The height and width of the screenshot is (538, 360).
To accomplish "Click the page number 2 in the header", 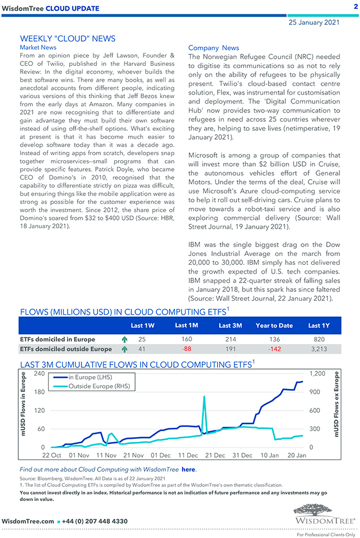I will (354, 6).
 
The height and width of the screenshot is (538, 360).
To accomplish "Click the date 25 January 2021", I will (315, 23).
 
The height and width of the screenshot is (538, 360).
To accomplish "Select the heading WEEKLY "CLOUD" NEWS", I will (68, 39).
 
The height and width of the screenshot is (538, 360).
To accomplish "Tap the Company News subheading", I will (214, 48).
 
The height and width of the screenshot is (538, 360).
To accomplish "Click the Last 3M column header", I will (229, 325).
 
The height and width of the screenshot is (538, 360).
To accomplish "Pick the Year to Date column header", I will (274, 325).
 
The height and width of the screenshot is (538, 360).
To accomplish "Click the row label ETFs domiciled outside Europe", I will (65, 349).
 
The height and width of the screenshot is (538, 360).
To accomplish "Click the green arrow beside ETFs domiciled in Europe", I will (124, 339).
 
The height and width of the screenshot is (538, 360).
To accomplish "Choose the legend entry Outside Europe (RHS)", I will (99, 386).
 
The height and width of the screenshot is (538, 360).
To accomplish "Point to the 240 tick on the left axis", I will (40, 374).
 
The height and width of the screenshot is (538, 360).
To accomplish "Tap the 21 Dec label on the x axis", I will (215, 455).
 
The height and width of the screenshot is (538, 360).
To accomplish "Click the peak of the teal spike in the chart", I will (205, 397).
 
